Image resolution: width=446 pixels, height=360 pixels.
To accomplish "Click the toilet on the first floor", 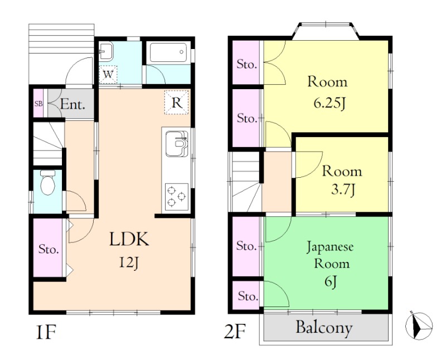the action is [47, 182].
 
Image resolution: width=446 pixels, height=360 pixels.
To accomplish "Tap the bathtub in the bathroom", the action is [168, 52].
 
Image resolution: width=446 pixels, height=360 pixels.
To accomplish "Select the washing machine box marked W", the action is [108, 75].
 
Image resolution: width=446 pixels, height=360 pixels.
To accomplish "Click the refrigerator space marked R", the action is [177, 103].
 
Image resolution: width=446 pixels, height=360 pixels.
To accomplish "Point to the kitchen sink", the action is [177, 144].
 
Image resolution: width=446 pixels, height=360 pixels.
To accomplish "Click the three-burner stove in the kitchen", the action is [177, 197].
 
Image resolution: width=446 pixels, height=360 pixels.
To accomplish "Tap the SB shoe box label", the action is [38, 104].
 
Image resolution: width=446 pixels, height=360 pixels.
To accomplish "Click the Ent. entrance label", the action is [72, 105].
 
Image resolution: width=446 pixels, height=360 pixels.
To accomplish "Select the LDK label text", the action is [129, 239].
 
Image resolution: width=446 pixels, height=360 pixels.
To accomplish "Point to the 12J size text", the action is [129, 262].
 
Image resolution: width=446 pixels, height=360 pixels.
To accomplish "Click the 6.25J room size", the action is [329, 103].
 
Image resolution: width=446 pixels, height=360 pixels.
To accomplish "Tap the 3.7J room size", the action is [343, 189].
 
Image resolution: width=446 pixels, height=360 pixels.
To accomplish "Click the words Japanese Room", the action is [331, 255].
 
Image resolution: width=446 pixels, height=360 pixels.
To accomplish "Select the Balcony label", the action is [324, 328].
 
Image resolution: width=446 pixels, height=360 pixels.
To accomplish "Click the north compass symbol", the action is [419, 325].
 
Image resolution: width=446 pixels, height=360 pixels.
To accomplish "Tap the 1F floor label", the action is [46, 332].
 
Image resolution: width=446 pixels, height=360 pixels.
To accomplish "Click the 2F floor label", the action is [235, 331].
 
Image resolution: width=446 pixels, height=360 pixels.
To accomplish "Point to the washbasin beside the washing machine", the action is [106, 51].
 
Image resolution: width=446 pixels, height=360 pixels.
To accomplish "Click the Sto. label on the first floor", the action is [49, 249].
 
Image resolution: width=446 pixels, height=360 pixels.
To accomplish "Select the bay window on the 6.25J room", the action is [326, 30].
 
